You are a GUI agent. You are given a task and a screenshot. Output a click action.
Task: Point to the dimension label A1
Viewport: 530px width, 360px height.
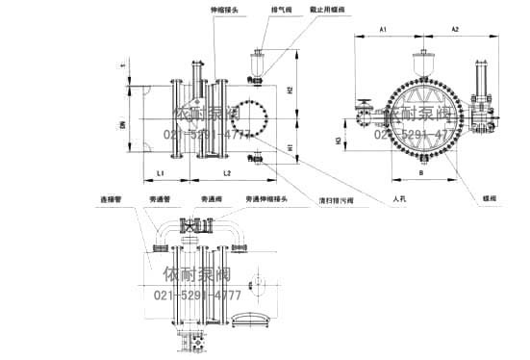tap(383, 31)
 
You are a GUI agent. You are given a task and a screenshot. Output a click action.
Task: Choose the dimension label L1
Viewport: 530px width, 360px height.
tap(161, 172)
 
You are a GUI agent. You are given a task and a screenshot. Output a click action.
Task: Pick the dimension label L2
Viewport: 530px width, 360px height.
tap(226, 172)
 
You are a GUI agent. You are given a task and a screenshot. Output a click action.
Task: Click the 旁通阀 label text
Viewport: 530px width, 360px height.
tap(212, 200)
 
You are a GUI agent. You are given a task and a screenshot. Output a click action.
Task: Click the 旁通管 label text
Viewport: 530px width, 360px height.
tap(161, 200)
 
